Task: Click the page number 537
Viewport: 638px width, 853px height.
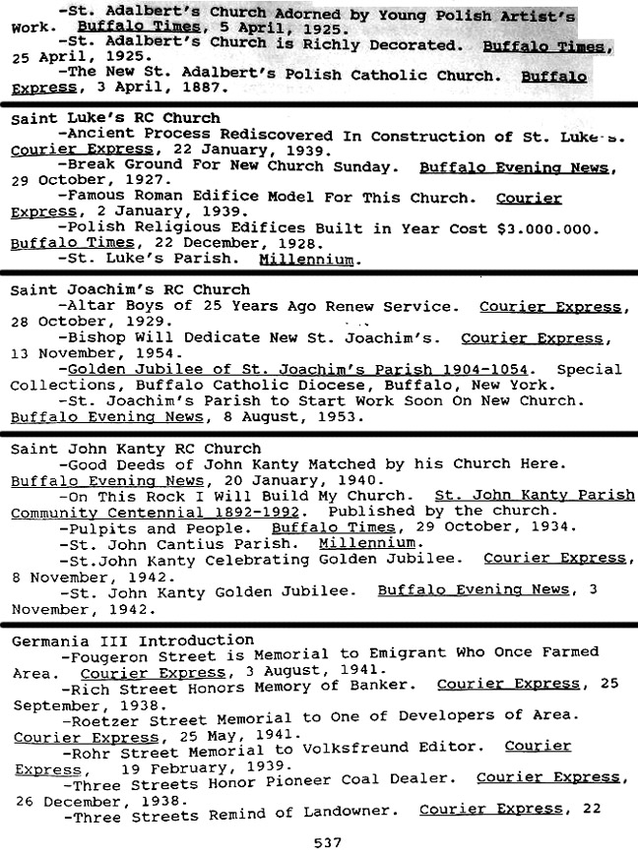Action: (x=326, y=842)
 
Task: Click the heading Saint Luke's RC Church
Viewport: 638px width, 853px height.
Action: (x=115, y=118)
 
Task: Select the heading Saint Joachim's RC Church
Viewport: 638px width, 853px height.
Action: (x=130, y=290)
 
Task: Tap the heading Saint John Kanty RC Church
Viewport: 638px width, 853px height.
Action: (x=135, y=449)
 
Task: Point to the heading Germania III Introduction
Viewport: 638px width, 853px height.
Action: (x=132, y=640)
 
